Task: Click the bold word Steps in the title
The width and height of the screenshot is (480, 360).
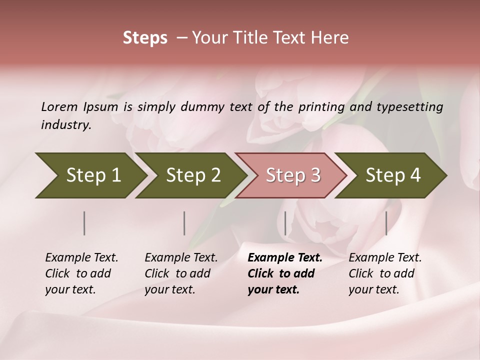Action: coord(145,38)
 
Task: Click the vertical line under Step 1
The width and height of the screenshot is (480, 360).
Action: coord(84,223)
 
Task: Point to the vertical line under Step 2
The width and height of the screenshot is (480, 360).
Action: coord(184,223)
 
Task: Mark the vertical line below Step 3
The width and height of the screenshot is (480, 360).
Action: coord(285,223)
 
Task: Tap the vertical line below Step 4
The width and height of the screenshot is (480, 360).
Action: coord(386,223)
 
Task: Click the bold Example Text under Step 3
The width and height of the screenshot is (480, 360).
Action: coord(285,258)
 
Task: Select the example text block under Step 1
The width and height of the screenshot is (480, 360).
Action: coord(81,273)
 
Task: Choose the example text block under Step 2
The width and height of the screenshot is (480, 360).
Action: coord(181,273)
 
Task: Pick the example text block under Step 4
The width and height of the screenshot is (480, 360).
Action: coord(385,273)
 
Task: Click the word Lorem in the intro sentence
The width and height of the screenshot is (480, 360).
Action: coord(59,106)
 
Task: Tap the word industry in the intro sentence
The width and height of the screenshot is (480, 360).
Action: coord(65,125)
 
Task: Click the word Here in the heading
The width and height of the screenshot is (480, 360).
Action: coord(330,38)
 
